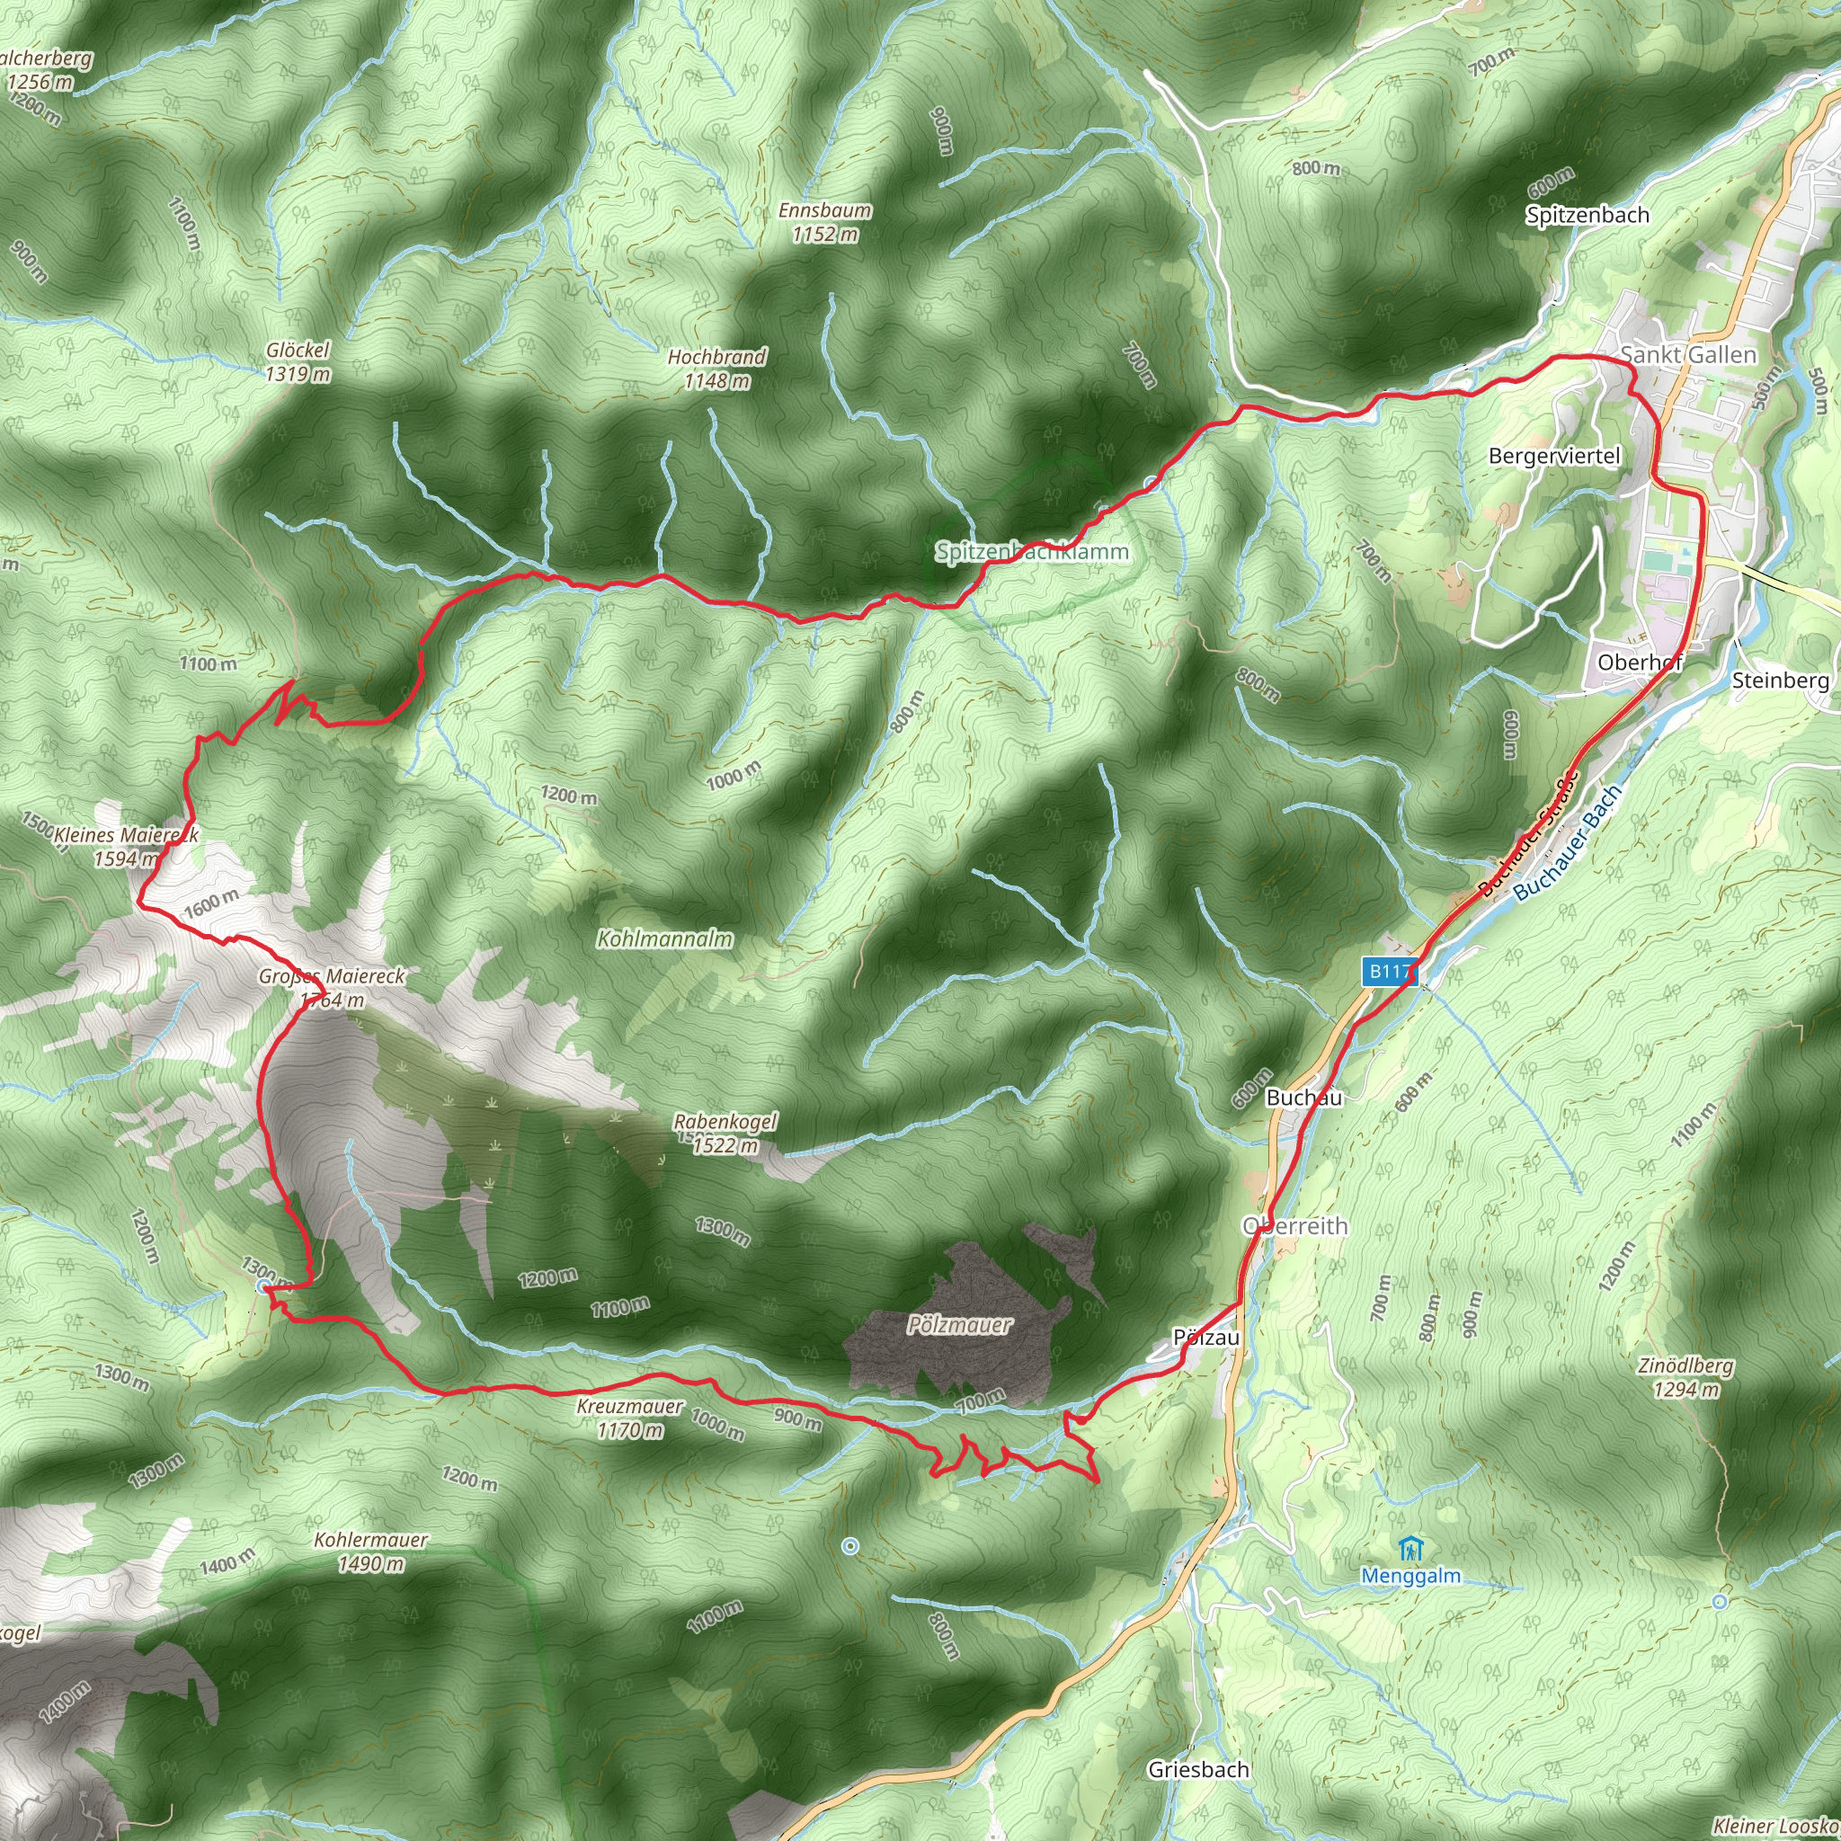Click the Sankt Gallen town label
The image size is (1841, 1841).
pos(1687,354)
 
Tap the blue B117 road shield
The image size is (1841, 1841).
pos(1388,971)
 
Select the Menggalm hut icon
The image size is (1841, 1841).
pos(1411,1550)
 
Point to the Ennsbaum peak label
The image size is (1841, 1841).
pos(824,221)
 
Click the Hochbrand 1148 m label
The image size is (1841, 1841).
pos(716,369)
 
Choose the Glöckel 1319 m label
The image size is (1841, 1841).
pos(298,362)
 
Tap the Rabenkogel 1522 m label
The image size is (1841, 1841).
pos(725,1133)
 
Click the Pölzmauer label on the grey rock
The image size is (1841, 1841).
pos(958,1324)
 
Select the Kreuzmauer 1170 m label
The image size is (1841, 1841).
pos(629,1418)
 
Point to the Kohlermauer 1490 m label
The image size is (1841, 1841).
pos(370,1552)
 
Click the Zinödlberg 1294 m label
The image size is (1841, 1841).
pos(1685,1377)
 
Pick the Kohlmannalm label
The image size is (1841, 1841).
pos(664,938)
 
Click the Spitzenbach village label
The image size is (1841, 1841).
pos(1587,216)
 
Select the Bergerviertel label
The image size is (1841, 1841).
pos(1554,457)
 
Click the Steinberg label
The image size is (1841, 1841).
pos(1780,680)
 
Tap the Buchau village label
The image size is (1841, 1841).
pos(1303,1098)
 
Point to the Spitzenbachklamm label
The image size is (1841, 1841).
pos(1031,552)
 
